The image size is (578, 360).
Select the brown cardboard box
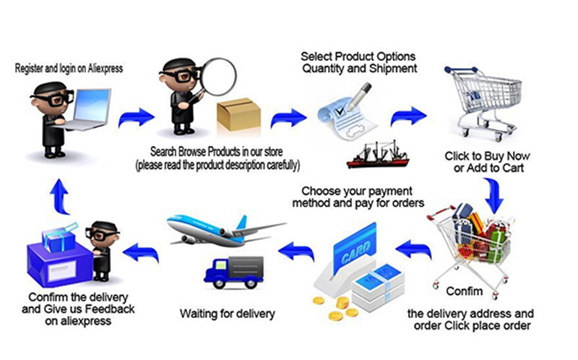(238, 114)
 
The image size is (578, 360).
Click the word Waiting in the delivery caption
(199, 314)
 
